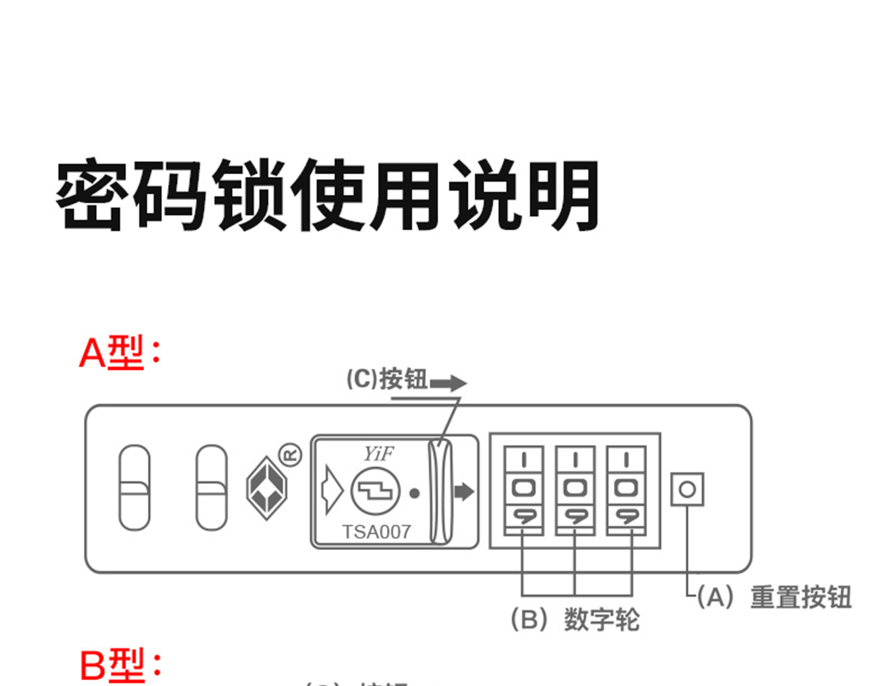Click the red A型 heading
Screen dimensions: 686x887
pos(119,353)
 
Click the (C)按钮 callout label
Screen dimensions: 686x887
pos(387,379)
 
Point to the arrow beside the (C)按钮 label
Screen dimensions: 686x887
pos(448,383)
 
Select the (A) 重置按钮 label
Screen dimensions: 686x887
pos(775,597)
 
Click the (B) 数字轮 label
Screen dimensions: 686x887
pos(575,620)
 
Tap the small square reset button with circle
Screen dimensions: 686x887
pos(687,489)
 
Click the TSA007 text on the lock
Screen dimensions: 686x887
pos(377,532)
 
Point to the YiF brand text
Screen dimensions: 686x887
pos(378,454)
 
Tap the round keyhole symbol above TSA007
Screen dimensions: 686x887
pos(375,491)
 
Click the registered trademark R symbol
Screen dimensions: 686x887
pos(290,456)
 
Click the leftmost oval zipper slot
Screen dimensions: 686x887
pos(135,488)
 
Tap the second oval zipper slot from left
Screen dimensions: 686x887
pos(211,488)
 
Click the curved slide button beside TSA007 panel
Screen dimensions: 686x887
pos(440,491)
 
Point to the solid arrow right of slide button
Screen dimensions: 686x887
pos(464,491)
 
